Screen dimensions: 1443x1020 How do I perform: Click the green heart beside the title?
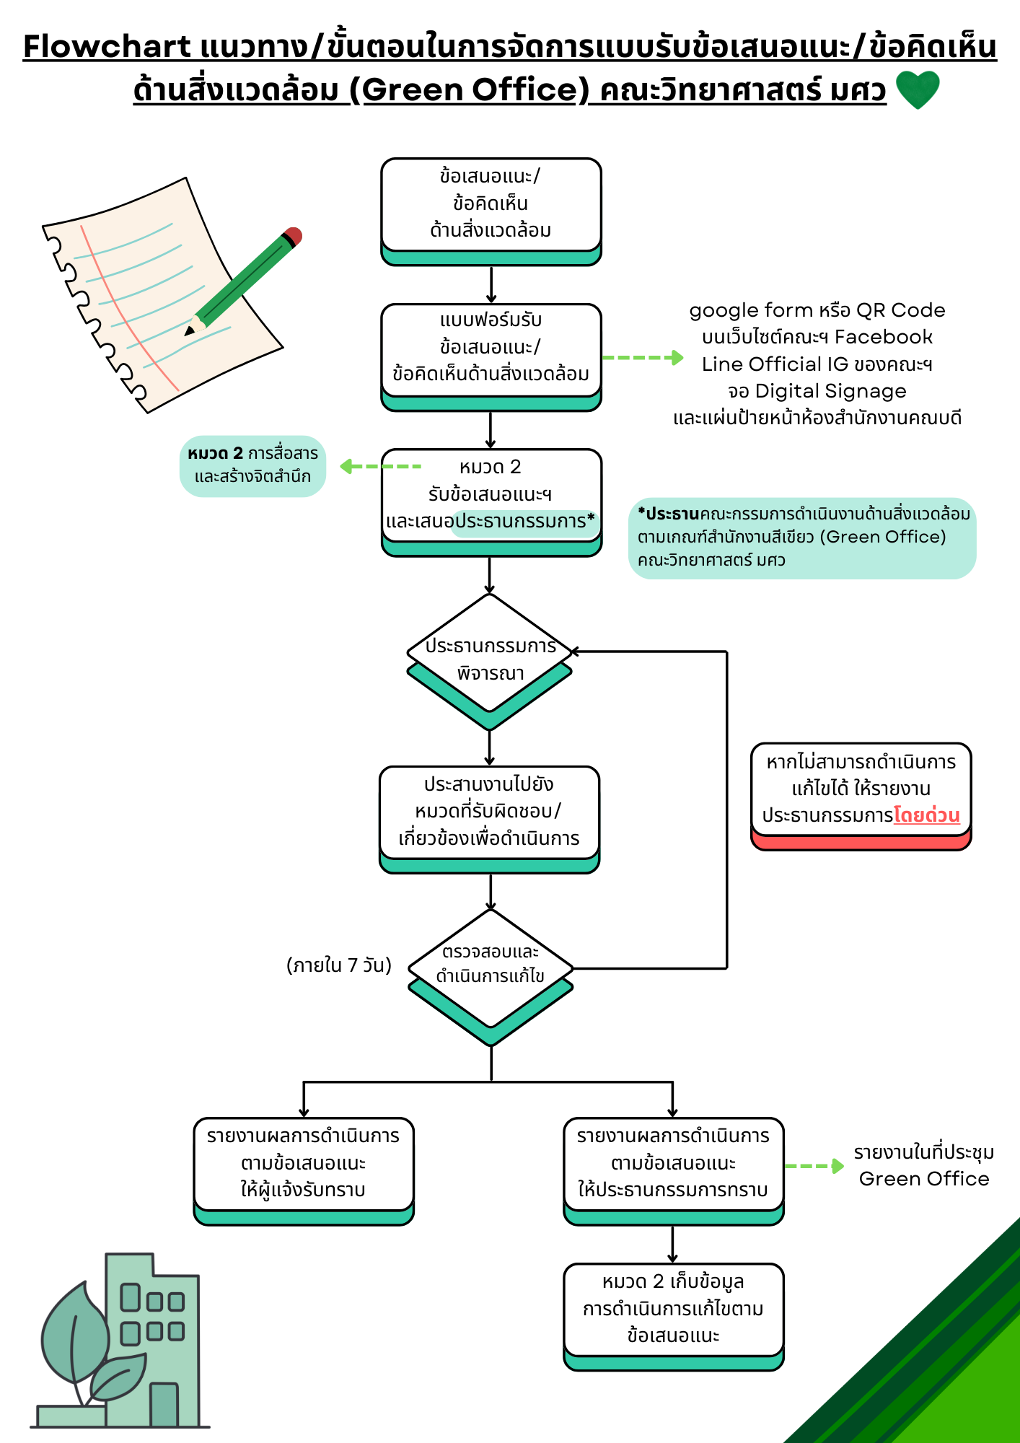[x=917, y=89]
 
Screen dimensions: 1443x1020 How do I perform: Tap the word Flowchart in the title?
[x=107, y=46]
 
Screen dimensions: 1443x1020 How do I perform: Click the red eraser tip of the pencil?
[x=293, y=236]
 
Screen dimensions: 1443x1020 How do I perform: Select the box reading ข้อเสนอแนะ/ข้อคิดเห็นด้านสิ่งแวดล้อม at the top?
[x=491, y=204]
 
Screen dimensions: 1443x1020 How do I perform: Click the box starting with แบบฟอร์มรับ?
[x=491, y=349]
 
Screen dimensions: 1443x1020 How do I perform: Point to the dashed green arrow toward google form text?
[x=642, y=357]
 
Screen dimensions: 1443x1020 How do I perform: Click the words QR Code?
[x=900, y=310]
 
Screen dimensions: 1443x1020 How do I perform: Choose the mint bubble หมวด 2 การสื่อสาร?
[x=252, y=465]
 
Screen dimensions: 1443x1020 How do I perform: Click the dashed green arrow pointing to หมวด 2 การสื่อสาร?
[x=380, y=466]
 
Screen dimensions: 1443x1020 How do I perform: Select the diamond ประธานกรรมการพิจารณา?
[x=490, y=658]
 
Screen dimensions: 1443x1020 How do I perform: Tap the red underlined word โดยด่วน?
[x=927, y=815]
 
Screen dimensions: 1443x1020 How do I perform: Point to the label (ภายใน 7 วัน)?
[x=339, y=965]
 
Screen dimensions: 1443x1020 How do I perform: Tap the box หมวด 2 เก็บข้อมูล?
[x=673, y=1309]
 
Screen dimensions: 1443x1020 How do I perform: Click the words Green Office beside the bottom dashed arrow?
[x=924, y=1179]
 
